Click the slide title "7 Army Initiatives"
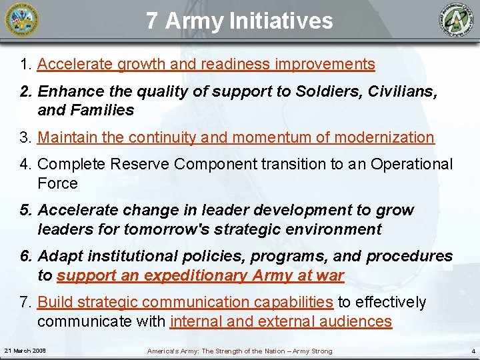239,21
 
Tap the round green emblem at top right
458,21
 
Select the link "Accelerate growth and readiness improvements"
206,64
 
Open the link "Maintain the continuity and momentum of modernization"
235,137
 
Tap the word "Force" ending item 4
57,183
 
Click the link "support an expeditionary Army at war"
200,275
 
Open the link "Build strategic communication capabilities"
185,303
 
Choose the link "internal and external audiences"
281,321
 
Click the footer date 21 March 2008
25,351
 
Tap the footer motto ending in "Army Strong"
239,351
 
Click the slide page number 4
473,351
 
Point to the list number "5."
27,211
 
